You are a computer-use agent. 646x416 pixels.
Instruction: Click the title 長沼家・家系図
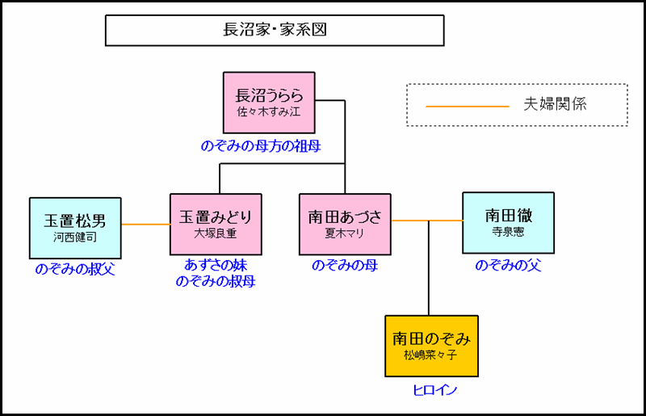[275, 31]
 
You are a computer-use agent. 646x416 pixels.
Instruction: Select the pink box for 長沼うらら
[269, 102]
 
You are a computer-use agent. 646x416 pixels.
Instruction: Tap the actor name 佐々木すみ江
[269, 111]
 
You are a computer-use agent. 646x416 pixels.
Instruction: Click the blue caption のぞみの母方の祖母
[261, 146]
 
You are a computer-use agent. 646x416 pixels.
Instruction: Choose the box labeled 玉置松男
[74, 224]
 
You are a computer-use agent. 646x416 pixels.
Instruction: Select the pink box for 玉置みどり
[216, 224]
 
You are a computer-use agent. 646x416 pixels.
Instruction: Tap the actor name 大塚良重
[216, 233]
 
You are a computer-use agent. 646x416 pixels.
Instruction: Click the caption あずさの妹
[216, 265]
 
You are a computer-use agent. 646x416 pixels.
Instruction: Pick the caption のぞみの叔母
[216, 281]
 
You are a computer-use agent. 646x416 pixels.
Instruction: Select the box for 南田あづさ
[345, 224]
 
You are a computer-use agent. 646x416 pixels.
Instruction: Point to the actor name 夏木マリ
[345, 233]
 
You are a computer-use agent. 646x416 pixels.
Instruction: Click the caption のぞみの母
[345, 265]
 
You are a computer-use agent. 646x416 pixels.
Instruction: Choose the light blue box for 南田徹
[508, 222]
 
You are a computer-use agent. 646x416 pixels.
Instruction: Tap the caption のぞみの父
[508, 265]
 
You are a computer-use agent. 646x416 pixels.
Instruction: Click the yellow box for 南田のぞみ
[428, 346]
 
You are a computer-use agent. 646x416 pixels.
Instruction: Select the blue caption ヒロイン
[430, 390]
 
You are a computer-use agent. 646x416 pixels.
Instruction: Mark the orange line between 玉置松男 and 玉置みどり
[145, 224]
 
